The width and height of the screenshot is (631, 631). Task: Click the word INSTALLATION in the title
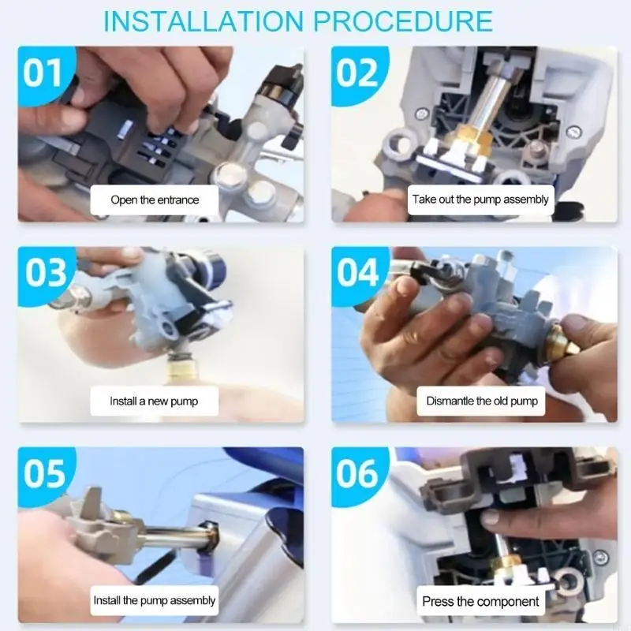(203, 21)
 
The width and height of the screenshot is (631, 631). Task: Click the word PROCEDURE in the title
(403, 21)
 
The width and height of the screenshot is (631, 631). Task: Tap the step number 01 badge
(43, 73)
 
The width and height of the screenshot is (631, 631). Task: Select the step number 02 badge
(357, 73)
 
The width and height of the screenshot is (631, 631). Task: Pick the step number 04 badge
(358, 272)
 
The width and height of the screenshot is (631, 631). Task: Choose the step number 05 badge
(44, 472)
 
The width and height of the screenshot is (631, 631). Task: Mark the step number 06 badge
(357, 472)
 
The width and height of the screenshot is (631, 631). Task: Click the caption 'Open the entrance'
(155, 200)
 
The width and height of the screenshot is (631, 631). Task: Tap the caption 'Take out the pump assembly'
(480, 200)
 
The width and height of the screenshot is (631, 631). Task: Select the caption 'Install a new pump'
(154, 401)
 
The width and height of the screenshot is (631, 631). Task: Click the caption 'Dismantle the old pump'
(482, 401)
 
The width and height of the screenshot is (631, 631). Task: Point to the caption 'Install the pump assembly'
(154, 600)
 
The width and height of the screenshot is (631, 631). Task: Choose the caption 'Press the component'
(480, 601)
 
